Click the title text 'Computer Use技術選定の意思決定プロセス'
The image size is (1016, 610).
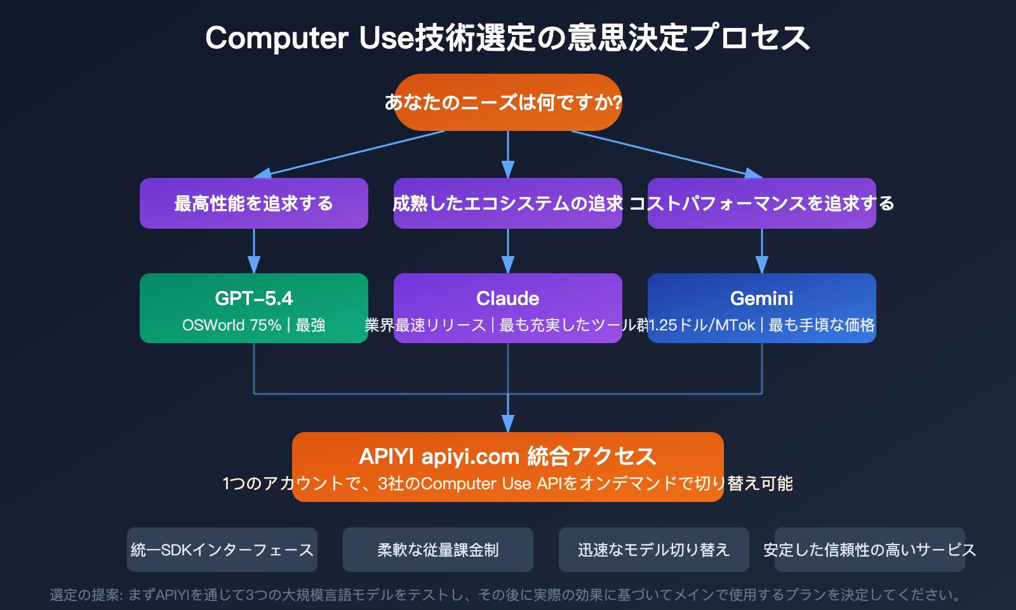[x=507, y=37]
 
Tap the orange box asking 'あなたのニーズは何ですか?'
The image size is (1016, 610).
[x=507, y=102]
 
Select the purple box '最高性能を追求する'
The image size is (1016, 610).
[x=253, y=203]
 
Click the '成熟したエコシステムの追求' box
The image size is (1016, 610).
[x=507, y=203]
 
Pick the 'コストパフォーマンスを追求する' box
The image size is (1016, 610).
[x=761, y=203]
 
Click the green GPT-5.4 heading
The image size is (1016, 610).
[x=253, y=298]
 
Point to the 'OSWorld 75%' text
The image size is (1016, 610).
[x=232, y=325]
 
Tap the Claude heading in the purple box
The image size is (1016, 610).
[x=507, y=298]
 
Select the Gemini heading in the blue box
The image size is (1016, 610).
[x=761, y=298]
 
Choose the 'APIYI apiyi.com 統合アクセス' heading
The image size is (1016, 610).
[x=507, y=456]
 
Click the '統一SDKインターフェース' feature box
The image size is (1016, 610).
[x=222, y=550]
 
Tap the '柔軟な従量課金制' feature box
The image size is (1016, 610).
[x=438, y=550]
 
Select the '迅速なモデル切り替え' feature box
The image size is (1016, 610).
[x=654, y=550]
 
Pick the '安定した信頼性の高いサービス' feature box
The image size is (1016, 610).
[x=869, y=550]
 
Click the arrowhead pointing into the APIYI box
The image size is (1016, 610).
[x=507, y=424]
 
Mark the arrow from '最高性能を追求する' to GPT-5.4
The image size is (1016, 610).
[x=254, y=251]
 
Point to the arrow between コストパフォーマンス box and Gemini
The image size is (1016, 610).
[x=762, y=251]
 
